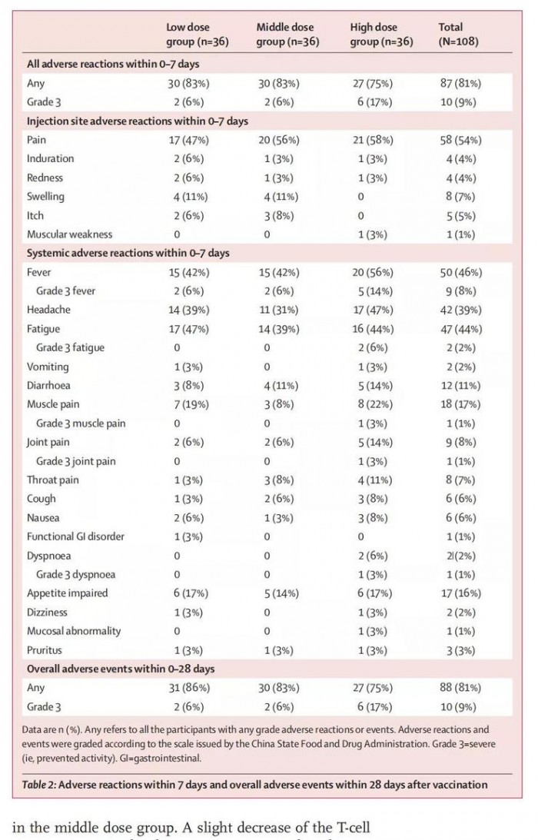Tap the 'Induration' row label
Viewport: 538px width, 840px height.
click(x=51, y=159)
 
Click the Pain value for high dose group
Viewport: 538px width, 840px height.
click(x=373, y=140)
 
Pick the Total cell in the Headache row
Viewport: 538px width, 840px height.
click(x=460, y=310)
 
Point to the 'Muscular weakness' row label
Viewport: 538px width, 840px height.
click(x=69, y=234)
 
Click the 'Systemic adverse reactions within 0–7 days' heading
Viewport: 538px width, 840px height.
click(x=128, y=253)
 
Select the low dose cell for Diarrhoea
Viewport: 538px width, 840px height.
click(x=183, y=385)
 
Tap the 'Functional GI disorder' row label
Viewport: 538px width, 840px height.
click(x=75, y=536)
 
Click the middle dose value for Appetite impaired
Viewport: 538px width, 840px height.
click(x=277, y=593)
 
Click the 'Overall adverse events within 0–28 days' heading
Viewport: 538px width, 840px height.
click(x=121, y=669)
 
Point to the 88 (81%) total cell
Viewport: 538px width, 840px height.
click(x=460, y=687)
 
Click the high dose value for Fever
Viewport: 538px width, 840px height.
click(x=373, y=272)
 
